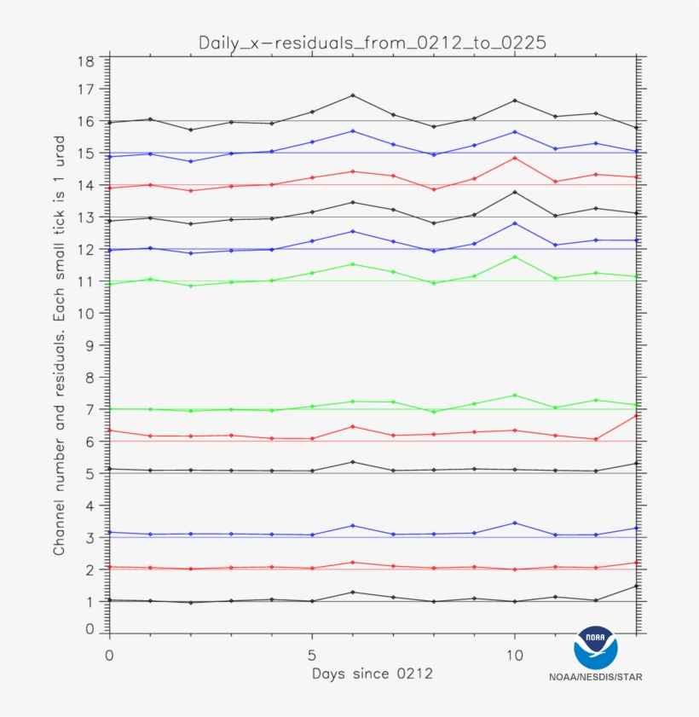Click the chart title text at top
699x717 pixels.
tap(372, 42)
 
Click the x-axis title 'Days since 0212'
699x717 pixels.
tap(372, 674)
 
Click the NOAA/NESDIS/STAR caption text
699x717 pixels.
tap(596, 678)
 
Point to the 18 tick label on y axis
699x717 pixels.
tap(85, 61)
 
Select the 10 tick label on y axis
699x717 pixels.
tap(85, 313)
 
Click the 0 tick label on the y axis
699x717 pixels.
tap(90, 629)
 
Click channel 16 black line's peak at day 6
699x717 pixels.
tap(353, 95)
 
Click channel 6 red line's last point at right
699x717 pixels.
tap(636, 415)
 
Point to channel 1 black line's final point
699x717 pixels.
tap(636, 586)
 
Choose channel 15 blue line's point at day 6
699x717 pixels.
tap(353, 130)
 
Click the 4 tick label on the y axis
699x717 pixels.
tap(90, 505)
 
